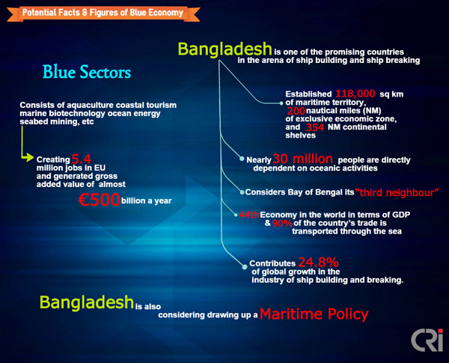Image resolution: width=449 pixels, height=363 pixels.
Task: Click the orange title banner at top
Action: [x=103, y=13]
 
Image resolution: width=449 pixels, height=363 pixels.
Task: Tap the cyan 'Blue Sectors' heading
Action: [x=87, y=72]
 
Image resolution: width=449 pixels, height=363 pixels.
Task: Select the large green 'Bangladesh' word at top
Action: [x=224, y=49]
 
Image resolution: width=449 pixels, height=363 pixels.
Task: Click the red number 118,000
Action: [x=355, y=94]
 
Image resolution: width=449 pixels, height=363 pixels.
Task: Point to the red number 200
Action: [x=296, y=111]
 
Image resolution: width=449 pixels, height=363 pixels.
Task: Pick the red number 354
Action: [x=315, y=127]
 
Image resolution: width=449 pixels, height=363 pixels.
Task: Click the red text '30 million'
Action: [x=302, y=159]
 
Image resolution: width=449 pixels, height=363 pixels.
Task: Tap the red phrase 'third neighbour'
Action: [x=397, y=192]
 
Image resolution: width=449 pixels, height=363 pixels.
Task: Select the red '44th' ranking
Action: [x=249, y=215]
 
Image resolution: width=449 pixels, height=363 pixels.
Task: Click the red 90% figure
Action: [x=282, y=223]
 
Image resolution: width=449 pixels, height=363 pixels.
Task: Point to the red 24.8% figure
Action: [x=318, y=262]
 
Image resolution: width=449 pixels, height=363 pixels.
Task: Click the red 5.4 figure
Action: [x=82, y=159]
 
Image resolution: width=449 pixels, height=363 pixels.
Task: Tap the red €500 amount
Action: [x=99, y=200]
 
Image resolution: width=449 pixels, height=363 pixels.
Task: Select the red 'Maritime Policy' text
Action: [x=314, y=314]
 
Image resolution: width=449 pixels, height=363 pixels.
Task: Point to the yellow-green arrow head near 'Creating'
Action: [x=29, y=157]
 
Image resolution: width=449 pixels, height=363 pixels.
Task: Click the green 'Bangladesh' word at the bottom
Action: [x=87, y=302]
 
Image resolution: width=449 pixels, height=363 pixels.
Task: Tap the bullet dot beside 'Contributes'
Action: [x=245, y=267]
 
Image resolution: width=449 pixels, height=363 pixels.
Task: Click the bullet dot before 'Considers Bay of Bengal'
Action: [x=242, y=192]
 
